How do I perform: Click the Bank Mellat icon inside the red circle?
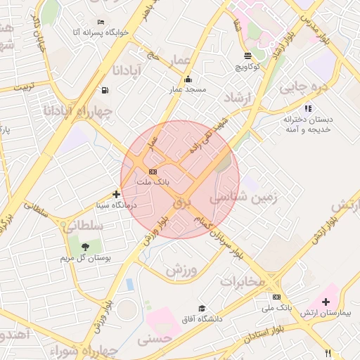pyautogui.click(x=153, y=172)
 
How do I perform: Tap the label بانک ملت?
pyautogui.click(x=152, y=182)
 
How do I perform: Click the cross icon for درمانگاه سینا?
pyautogui.click(x=117, y=194)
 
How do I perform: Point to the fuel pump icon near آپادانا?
pyautogui.click(x=105, y=90)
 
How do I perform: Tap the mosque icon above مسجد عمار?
pyautogui.click(x=187, y=79)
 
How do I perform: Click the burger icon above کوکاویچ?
pyautogui.click(x=247, y=56)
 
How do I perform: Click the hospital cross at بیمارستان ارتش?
pyautogui.click(x=326, y=301)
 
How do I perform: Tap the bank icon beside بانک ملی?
pyautogui.click(x=276, y=297)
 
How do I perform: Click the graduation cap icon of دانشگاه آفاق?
pyautogui.click(x=202, y=308)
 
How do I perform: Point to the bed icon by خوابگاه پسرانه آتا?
pyautogui.click(x=101, y=22)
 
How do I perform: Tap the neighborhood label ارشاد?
pyautogui.click(x=238, y=97)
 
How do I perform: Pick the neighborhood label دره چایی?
pyautogui.click(x=304, y=88)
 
